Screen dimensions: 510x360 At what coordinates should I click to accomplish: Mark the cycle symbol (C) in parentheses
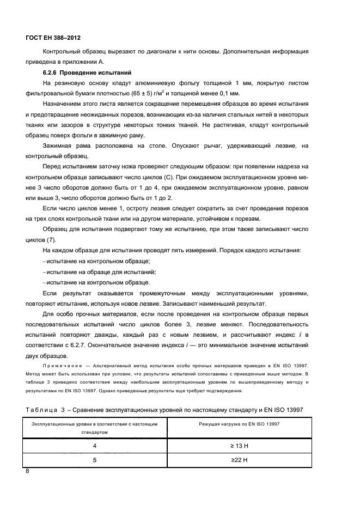(x=169, y=177)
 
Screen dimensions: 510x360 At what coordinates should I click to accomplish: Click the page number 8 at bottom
(x=27, y=472)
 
